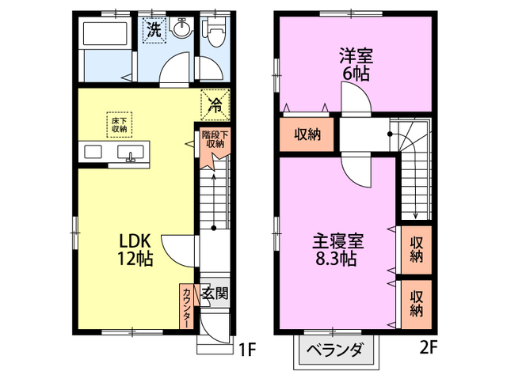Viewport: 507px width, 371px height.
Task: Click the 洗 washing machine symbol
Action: click(154, 31)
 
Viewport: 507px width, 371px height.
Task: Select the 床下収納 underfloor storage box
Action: click(120, 123)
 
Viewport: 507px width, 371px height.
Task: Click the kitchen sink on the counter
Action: click(130, 153)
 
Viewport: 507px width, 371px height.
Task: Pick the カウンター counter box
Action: click(187, 305)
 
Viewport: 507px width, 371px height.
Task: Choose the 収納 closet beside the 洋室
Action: click(308, 134)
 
